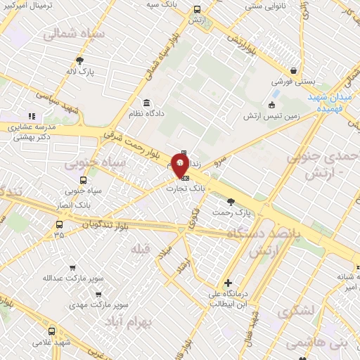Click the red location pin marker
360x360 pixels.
180,166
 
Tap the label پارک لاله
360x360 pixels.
81,71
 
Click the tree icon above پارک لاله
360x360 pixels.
80,60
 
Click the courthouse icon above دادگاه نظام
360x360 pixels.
146,103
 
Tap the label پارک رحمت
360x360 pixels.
233,212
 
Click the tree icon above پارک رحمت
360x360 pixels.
231,202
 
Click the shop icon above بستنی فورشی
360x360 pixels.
292,71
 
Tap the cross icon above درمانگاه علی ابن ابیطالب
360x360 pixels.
227,283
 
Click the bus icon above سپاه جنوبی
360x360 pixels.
84,179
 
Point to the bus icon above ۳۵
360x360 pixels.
59,224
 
